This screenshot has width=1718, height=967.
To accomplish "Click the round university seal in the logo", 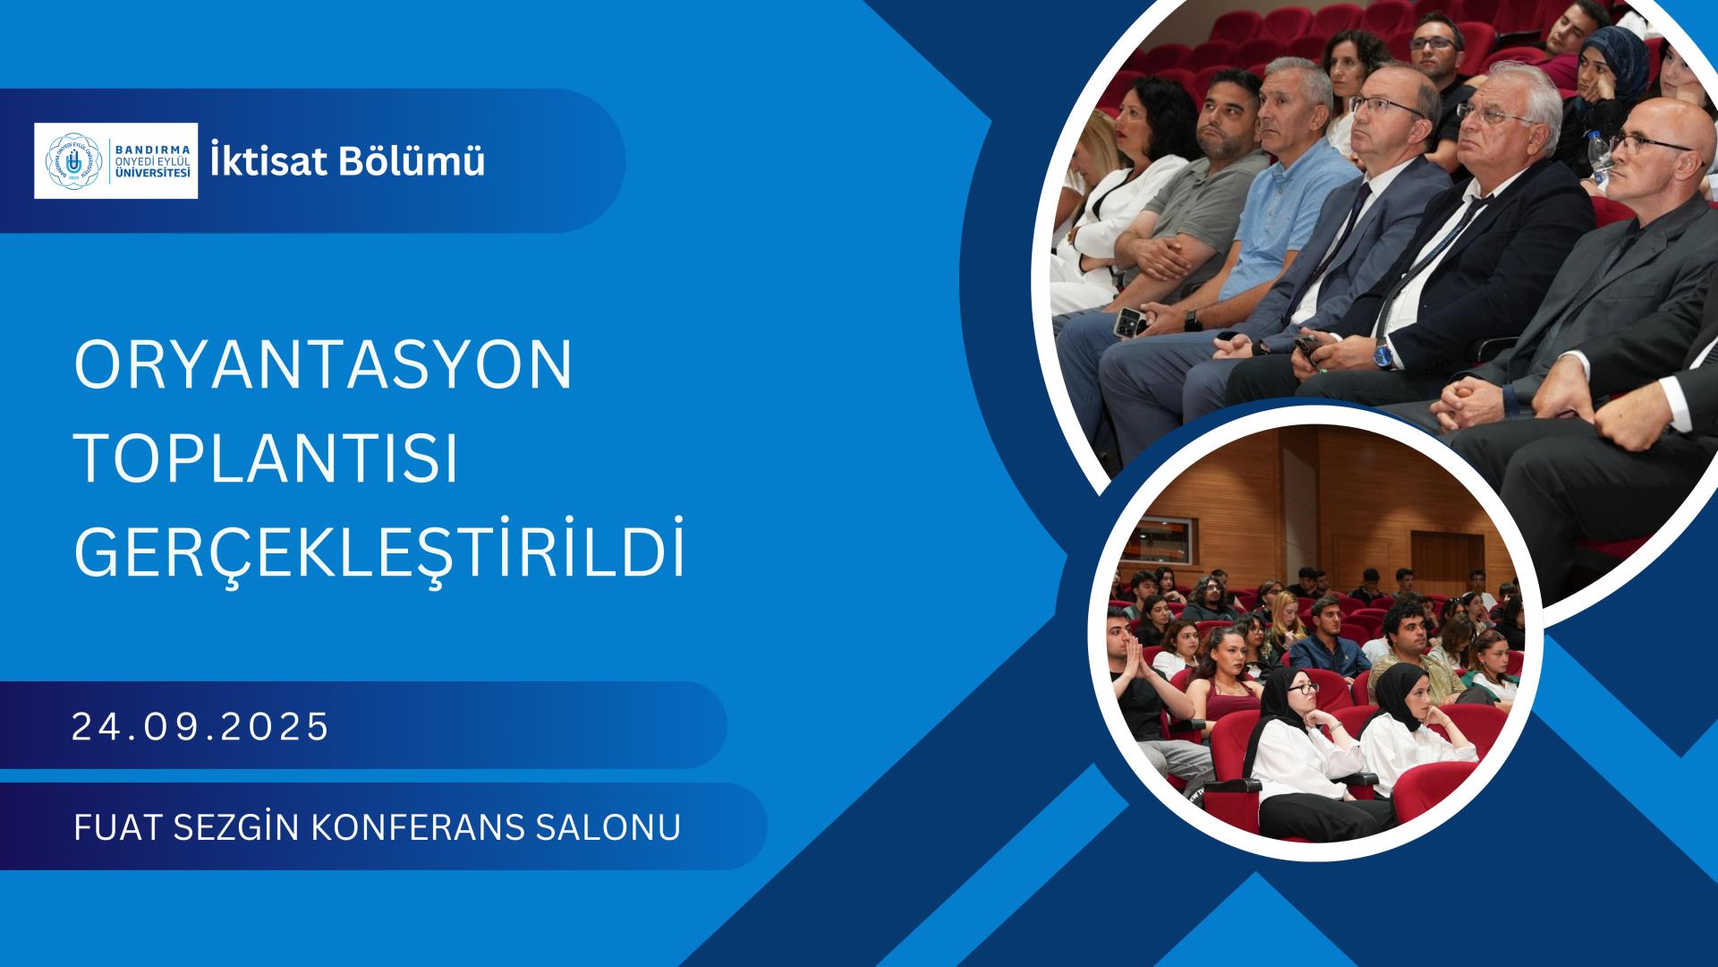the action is tap(74, 160).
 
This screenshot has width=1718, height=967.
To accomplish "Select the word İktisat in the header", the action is tap(259, 161).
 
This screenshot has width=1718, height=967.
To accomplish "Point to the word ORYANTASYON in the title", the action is tap(323, 365).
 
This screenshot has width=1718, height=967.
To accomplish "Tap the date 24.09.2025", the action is tap(201, 727).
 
